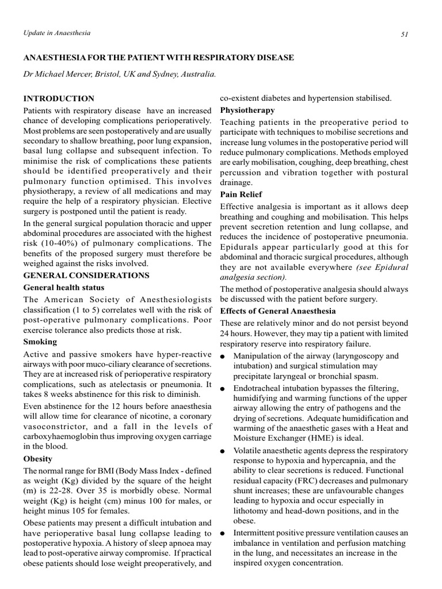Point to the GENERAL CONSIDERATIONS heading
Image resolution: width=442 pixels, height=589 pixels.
[x=86, y=276]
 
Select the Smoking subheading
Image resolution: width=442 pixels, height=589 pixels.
[x=40, y=342]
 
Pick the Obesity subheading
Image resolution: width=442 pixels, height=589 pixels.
[x=37, y=459]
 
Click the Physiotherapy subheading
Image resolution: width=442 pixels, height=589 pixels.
[x=247, y=110]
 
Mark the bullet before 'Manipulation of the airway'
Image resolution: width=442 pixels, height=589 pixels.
[x=223, y=357]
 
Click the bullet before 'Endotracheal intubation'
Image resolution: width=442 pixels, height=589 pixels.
[x=223, y=389]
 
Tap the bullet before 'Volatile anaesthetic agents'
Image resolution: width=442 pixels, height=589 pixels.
[x=223, y=450]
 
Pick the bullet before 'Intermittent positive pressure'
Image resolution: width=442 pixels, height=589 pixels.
[x=223, y=533]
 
